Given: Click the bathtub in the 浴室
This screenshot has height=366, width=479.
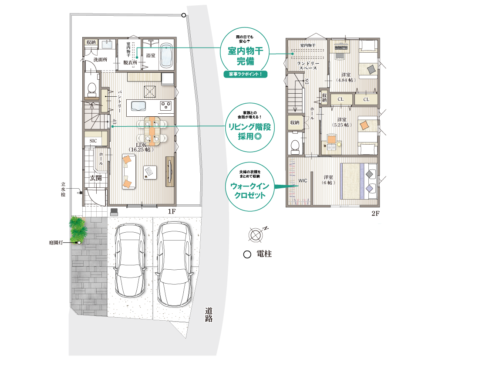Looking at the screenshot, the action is [x=166, y=57].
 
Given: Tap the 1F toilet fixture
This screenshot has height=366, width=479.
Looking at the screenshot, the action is [x=91, y=89].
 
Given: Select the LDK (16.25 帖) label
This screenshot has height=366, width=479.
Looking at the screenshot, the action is [x=141, y=147].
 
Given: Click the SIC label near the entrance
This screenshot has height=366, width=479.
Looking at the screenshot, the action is [x=93, y=141].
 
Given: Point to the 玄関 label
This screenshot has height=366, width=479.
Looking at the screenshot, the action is [x=96, y=178].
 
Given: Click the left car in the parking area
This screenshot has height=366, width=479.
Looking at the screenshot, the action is [x=130, y=260].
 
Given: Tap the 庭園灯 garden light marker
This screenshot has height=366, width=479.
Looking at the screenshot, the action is [x=79, y=242].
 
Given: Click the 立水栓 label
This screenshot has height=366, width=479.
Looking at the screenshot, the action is [x=63, y=189].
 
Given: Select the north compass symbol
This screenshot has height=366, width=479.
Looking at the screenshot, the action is [x=255, y=235].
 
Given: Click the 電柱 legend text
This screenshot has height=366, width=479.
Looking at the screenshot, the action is [x=264, y=254].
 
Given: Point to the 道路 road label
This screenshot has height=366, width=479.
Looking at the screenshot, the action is [x=209, y=315].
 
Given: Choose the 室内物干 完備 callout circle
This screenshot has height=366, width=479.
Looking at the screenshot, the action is [x=245, y=52].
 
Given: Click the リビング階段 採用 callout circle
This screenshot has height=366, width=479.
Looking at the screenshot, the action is [x=250, y=127].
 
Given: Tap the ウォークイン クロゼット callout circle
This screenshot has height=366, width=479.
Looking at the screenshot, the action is [x=250, y=186].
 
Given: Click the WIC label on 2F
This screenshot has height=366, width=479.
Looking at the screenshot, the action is [x=303, y=181].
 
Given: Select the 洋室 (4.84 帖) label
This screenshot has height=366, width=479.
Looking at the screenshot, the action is [x=346, y=78].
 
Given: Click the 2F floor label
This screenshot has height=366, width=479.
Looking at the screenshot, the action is [x=375, y=213].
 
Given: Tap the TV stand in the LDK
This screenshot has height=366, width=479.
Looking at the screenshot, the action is [x=170, y=172].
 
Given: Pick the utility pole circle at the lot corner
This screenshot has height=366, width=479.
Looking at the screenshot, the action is [x=184, y=15].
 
